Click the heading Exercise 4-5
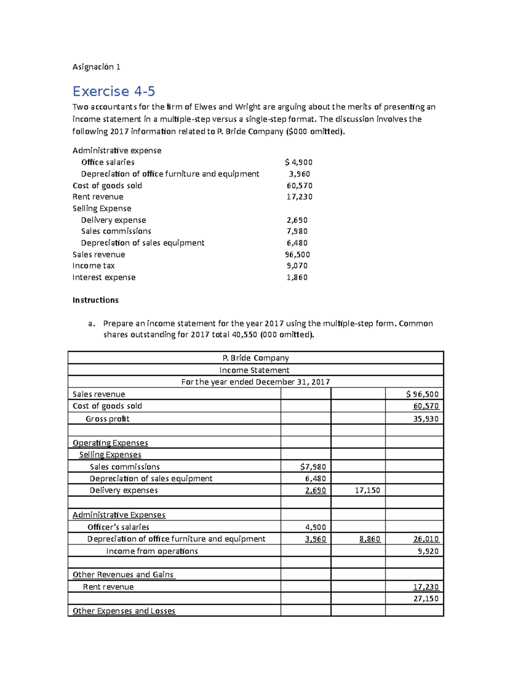coord(114,91)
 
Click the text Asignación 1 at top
coord(96,67)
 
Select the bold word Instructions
coord(95,300)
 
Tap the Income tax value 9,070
coord(297,265)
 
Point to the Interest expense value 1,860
coord(297,277)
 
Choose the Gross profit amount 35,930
coord(426,419)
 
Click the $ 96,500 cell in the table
coord(422,394)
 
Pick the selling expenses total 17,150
coord(367,490)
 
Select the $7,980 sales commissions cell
coord(313,467)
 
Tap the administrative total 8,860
coord(370,539)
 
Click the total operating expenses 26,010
coord(426,539)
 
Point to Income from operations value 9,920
coord(428,551)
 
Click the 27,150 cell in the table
coord(426,599)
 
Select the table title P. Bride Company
coord(255,358)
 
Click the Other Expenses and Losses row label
coord(124,611)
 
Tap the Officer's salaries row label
coord(118,527)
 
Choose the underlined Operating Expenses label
coord(110,443)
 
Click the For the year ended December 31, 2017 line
coord(255,382)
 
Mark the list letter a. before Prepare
coord(91,323)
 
